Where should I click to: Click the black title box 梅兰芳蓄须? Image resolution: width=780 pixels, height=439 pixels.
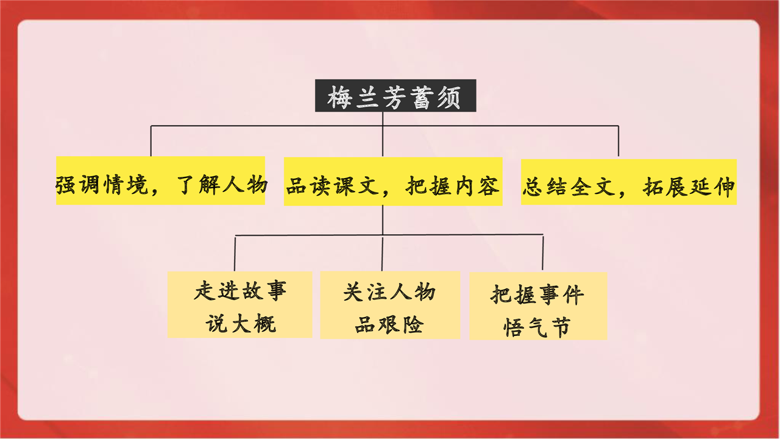(x=395, y=96)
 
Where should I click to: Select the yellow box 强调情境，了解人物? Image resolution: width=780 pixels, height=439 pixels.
(x=160, y=180)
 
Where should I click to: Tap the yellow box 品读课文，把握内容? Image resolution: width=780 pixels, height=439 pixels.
(x=393, y=182)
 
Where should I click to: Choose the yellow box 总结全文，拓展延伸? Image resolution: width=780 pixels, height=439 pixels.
(x=629, y=182)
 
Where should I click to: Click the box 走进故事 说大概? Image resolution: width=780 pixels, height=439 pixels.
(x=240, y=305)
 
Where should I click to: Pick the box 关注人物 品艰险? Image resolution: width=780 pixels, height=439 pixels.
(x=390, y=305)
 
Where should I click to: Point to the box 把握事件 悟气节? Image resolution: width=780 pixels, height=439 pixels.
(x=538, y=306)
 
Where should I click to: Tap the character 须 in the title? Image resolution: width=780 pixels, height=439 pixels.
(x=450, y=97)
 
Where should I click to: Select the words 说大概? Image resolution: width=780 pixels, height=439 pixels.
(x=241, y=323)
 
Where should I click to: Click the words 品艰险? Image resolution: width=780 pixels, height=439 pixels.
(x=389, y=324)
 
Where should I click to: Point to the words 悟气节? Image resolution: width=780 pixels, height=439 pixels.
(x=537, y=327)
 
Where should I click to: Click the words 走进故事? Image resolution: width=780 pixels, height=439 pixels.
(x=240, y=290)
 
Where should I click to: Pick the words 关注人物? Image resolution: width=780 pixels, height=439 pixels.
(x=389, y=291)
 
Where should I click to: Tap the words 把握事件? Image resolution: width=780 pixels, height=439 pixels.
(x=537, y=294)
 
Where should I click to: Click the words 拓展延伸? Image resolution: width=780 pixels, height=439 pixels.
(x=689, y=187)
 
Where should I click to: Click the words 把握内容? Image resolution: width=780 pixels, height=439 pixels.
(x=453, y=186)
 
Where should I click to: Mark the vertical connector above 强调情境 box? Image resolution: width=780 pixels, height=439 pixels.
(x=151, y=141)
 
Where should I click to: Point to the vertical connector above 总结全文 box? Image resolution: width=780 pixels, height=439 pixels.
(x=619, y=141)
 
